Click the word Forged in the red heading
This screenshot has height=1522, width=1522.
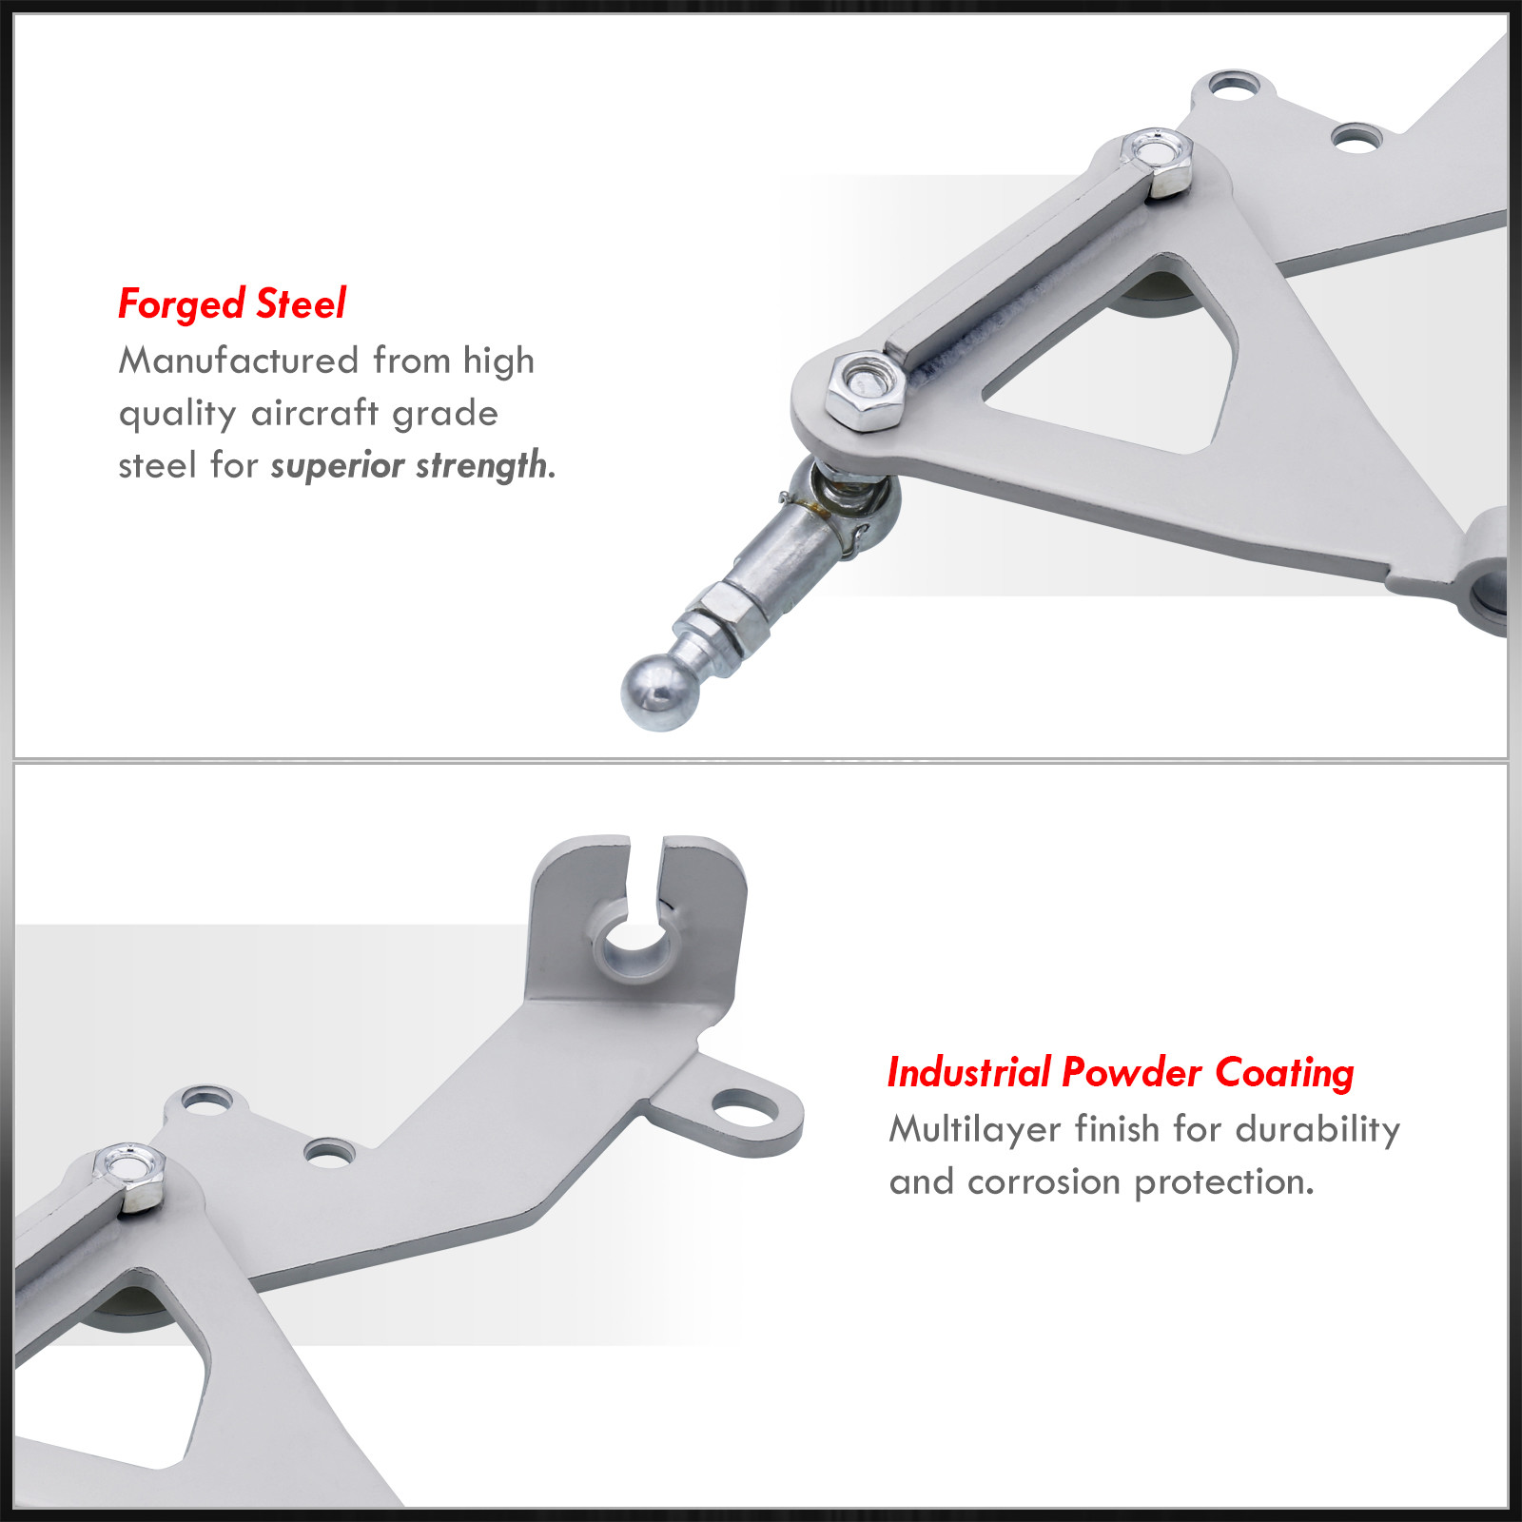tap(182, 304)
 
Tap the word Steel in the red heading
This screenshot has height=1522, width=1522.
tap(301, 303)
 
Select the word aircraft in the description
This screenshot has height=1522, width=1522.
tap(315, 413)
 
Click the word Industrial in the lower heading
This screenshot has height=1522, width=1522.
tap(968, 1072)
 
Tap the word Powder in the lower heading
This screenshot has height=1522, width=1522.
tap(1132, 1072)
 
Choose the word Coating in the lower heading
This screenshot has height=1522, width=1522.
tap(1284, 1074)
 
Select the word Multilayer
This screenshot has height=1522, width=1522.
tap(975, 1130)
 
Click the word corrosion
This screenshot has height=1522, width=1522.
tap(1044, 1182)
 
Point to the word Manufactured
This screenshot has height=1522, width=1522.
tap(239, 361)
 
